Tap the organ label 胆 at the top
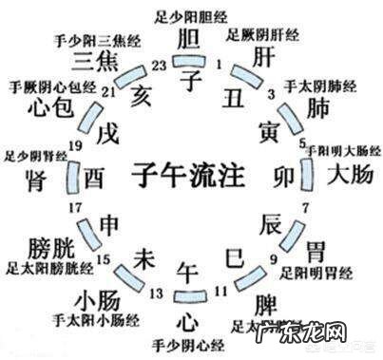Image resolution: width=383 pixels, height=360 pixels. pyautogui.click(x=189, y=39)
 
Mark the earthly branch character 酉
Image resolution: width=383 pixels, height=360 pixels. pyautogui.click(x=95, y=178)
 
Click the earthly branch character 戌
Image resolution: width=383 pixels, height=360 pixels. pyautogui.click(x=112, y=128)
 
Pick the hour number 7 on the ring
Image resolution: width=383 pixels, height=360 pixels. pyautogui.click(x=306, y=207)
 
